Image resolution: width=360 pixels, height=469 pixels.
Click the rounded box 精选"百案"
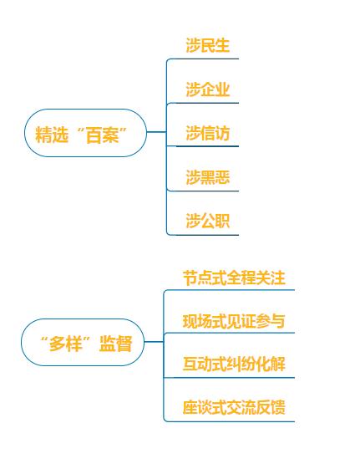coord(85,133)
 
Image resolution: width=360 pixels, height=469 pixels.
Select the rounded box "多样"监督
coord(83,342)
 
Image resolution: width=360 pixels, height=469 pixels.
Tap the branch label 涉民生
coord(208,45)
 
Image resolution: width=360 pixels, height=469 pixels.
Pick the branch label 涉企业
coord(208,89)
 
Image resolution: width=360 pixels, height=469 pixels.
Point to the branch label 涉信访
coord(208,133)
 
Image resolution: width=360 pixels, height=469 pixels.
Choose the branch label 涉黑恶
coord(208,177)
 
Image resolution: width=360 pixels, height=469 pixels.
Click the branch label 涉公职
coord(208,221)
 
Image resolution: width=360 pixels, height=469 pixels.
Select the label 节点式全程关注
coord(234,278)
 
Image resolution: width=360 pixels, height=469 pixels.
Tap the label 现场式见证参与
coord(234,321)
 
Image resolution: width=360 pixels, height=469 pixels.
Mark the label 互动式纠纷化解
coord(234,364)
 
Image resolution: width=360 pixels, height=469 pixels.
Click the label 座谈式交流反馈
coord(234,407)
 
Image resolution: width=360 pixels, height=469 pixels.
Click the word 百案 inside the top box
coord(103,135)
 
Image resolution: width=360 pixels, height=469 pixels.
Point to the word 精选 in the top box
coord(52,135)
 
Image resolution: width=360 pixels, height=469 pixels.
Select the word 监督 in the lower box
coord(116,344)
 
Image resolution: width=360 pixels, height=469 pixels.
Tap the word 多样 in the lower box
coord(65,344)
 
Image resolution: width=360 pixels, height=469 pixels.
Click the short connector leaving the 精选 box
coord(156,132)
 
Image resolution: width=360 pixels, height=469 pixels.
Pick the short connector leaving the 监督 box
coord(155,342)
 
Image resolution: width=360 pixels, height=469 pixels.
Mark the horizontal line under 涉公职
coord(203,235)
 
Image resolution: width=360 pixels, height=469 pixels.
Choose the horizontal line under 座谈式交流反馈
coord(230,421)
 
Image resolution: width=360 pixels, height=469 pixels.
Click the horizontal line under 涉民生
coord(203,59)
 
